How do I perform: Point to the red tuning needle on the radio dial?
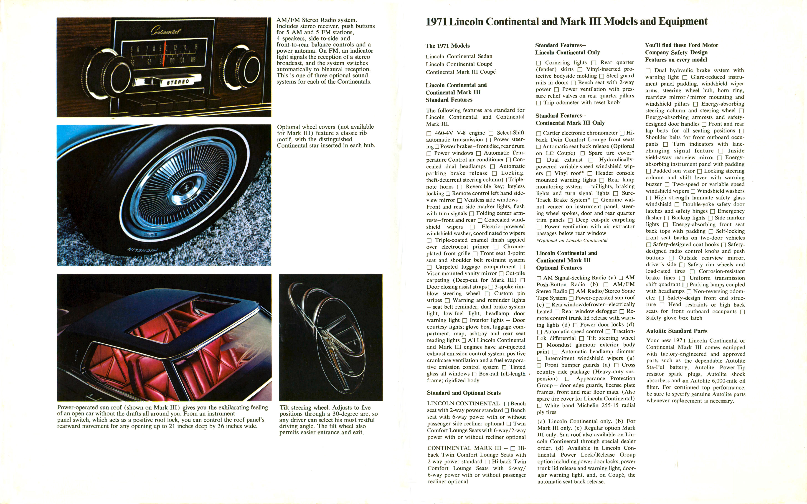164,53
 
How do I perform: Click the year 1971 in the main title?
436,22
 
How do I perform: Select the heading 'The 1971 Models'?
447,46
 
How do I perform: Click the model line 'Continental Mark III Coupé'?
460,72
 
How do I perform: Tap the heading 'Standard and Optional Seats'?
464,393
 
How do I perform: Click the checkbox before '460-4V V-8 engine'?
429,133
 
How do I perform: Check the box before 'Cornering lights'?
538,63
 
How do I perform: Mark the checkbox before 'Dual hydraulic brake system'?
648,71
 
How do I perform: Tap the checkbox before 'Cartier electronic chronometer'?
539,133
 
